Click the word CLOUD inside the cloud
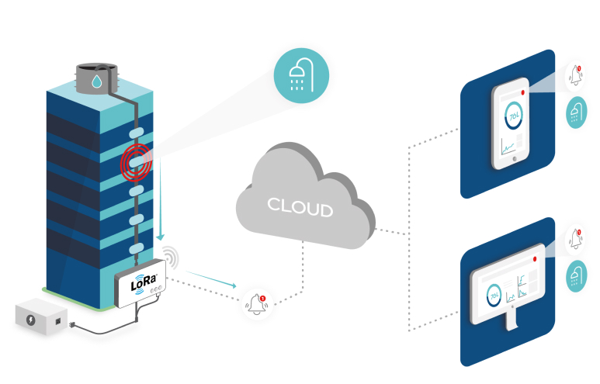[x=300, y=208]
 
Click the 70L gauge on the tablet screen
[x=512, y=116]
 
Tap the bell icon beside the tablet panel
[x=575, y=76]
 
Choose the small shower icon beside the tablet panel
[x=575, y=112]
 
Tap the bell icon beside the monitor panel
[x=575, y=238]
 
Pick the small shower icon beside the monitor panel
[x=575, y=275]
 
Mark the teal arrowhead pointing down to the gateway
[x=161, y=237]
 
